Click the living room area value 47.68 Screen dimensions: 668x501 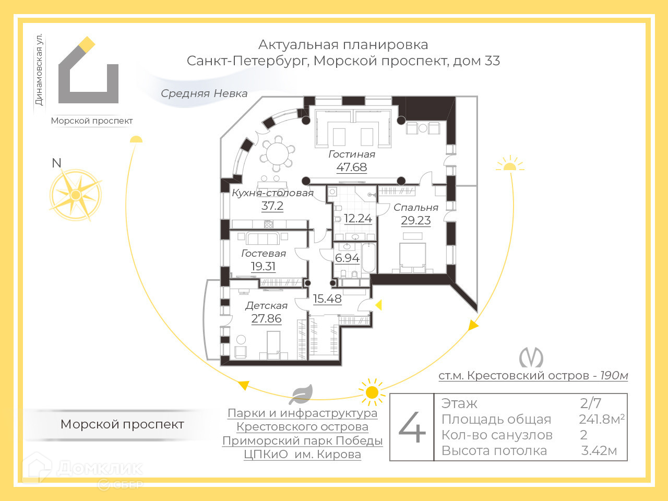pos(351,168)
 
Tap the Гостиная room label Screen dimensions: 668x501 pos(351,154)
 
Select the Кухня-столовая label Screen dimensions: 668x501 pos(272,193)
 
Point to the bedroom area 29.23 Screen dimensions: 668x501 pos(415,221)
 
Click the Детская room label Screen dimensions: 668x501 pos(266,306)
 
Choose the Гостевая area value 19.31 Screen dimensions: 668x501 pos(263,267)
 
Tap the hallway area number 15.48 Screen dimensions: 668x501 pos(327,299)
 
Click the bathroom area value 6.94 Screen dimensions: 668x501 pos(347,258)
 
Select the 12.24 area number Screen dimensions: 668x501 pos(357,219)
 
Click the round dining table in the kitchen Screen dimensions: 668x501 pos(277,153)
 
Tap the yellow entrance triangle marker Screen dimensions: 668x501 pos(379,305)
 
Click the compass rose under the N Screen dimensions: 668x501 pos(76,195)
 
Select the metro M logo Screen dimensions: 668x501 pos(531,358)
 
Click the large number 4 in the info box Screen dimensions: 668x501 pos(412,427)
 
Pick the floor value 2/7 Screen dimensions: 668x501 pos(591,403)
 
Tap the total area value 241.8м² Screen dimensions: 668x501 pos(601,419)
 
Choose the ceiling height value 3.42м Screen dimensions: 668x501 pos(599,451)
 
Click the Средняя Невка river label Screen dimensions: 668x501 pos(204,94)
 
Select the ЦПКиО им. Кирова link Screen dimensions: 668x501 pos(302,455)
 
